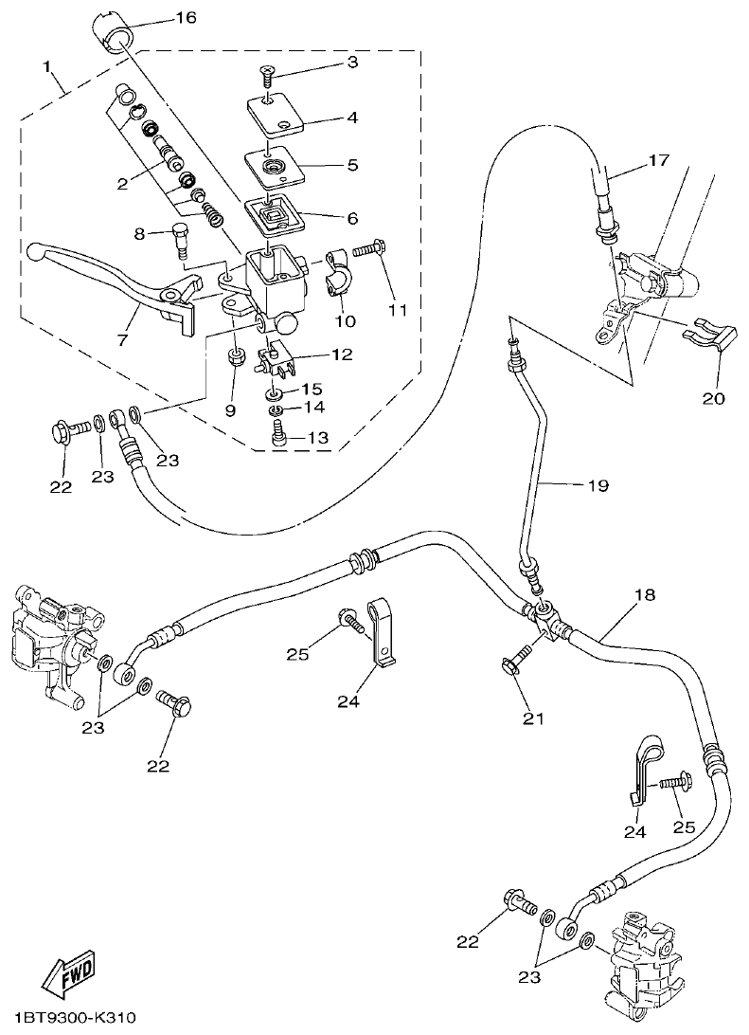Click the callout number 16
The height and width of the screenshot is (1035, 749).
point(186,19)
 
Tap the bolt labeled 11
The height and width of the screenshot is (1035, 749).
point(369,250)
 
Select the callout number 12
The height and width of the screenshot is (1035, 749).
point(341,355)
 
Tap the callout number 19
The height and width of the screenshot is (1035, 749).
point(597,485)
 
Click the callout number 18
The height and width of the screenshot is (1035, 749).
point(644,595)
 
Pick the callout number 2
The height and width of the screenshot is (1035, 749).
point(122,184)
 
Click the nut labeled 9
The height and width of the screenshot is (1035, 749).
point(235,358)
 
